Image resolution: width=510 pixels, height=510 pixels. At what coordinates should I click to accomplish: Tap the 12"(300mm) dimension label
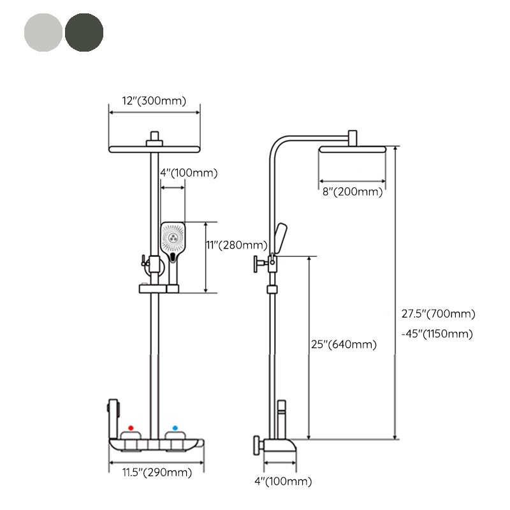click(x=154, y=100)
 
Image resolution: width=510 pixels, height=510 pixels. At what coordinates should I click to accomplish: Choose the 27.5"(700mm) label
click(x=438, y=313)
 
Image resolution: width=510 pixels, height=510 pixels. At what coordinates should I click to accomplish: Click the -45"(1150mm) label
click(x=438, y=334)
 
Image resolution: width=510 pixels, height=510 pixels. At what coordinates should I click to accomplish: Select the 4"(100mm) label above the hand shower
click(x=188, y=173)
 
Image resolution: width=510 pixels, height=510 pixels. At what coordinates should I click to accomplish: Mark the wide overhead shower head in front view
click(x=154, y=150)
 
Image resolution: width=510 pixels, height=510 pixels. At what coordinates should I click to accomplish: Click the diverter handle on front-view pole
click(x=144, y=261)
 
